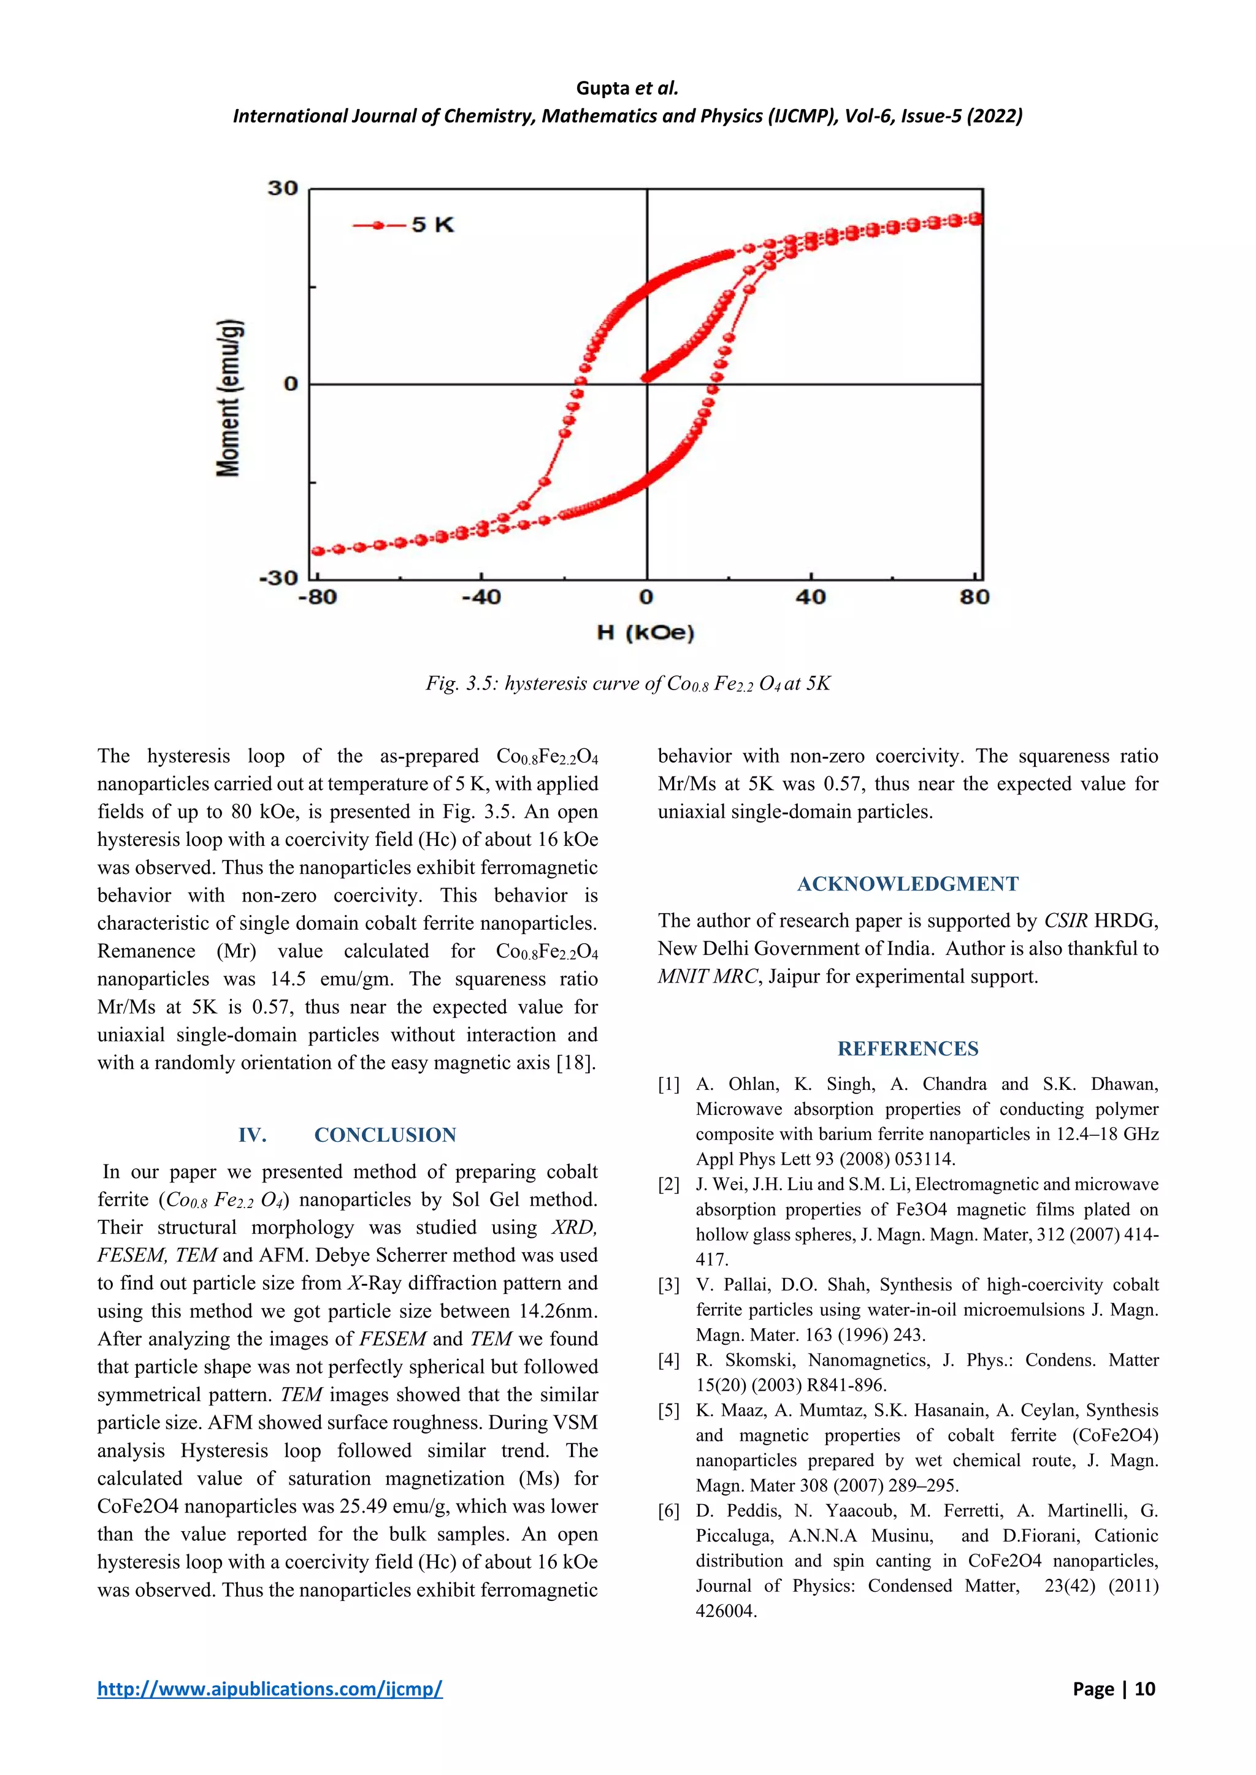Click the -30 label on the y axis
pos(278,577)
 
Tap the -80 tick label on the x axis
pos(318,597)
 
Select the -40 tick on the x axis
pos(481,597)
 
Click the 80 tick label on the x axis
pos(975,597)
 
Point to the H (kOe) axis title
pos(646,633)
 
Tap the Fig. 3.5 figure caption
pos(628,683)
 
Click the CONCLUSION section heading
pos(385,1135)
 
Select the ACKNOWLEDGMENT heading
pos(908,884)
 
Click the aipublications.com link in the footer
pos(270,1689)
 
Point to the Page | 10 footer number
pos(1114,1689)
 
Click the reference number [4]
pos(669,1360)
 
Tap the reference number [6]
pos(669,1511)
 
